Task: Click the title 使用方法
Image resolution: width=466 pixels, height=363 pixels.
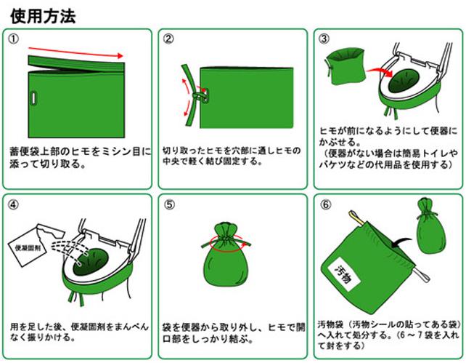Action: point(43,16)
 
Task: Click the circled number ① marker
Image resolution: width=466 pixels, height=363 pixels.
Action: point(13,39)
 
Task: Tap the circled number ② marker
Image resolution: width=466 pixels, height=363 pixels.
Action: point(168,39)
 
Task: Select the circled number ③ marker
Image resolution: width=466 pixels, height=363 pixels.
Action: point(324,39)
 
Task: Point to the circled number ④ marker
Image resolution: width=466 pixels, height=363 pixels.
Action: point(13,205)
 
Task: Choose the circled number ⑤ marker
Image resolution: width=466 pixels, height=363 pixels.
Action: point(169,205)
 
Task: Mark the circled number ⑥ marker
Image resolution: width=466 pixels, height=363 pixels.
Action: point(325,205)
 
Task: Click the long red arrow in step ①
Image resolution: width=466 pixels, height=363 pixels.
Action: point(75,52)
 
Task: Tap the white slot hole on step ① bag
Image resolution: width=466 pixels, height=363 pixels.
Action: point(34,98)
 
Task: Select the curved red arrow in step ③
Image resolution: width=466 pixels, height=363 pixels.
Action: point(380,72)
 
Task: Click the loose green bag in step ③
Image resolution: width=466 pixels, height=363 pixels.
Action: point(345,67)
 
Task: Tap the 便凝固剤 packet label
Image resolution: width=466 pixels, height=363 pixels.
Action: point(28,248)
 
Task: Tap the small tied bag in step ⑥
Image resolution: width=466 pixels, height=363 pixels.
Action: point(430,226)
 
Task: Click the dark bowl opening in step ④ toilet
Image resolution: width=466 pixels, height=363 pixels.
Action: point(91,261)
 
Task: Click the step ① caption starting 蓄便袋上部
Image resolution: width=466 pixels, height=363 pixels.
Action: point(81,158)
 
